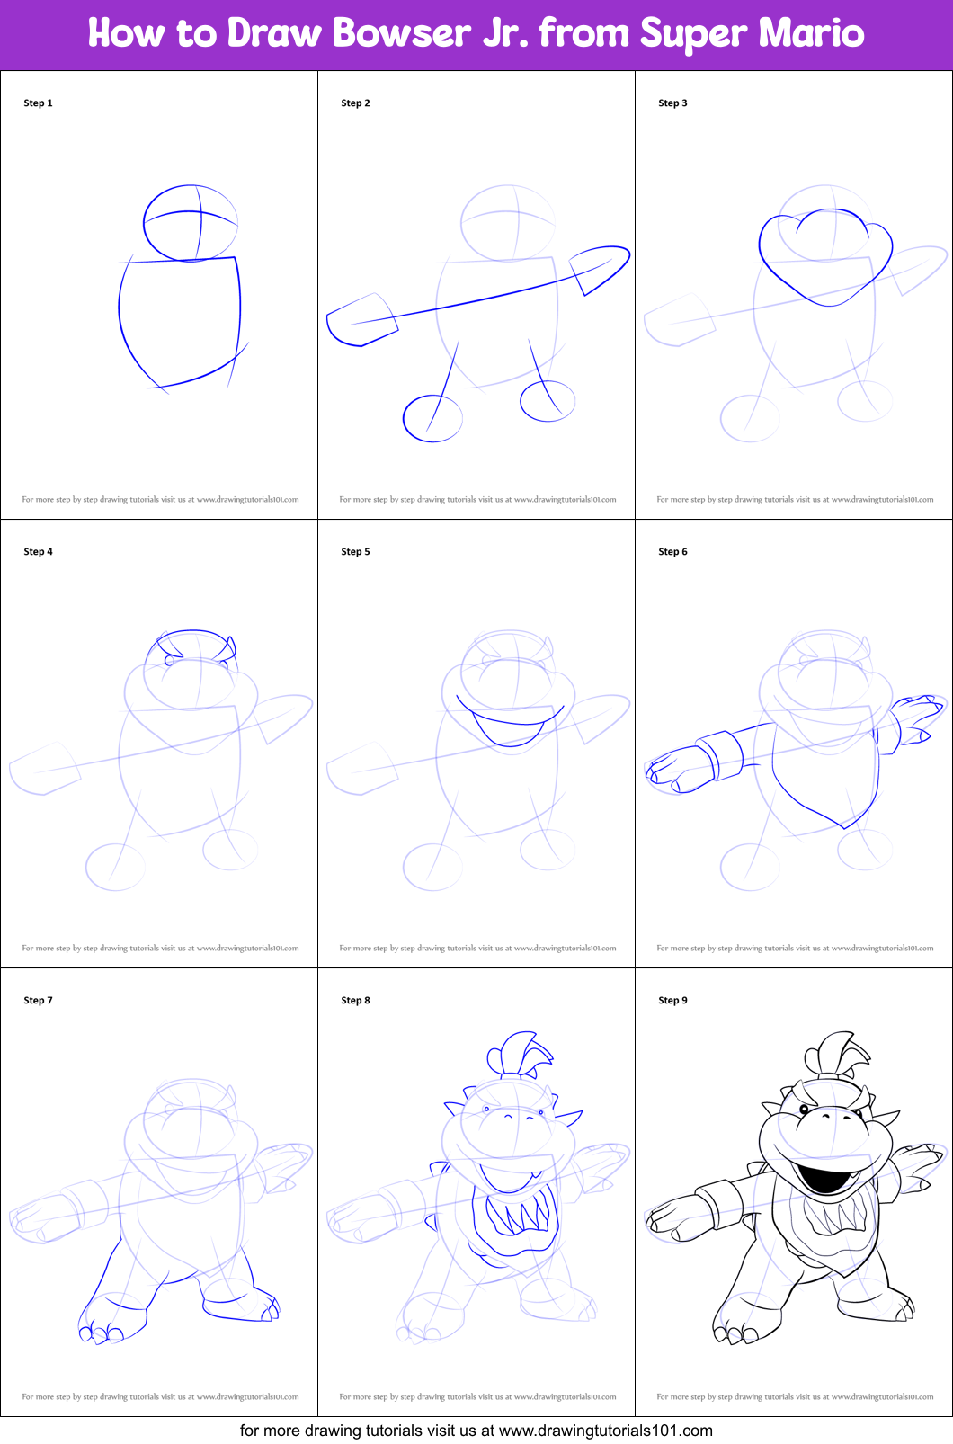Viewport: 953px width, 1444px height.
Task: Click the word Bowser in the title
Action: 402,32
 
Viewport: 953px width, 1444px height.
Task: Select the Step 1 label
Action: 38,103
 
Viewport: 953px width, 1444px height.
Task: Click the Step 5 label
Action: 355,552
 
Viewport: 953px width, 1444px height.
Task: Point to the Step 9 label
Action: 672,1001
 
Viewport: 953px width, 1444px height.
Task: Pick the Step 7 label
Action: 38,1001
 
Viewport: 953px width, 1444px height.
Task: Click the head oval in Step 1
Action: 144,223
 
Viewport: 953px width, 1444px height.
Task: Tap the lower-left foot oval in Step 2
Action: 404,419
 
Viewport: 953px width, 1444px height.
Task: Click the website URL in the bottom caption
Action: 605,1431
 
